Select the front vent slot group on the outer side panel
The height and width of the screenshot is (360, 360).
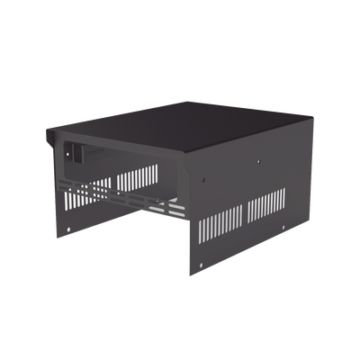(x=219, y=220)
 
